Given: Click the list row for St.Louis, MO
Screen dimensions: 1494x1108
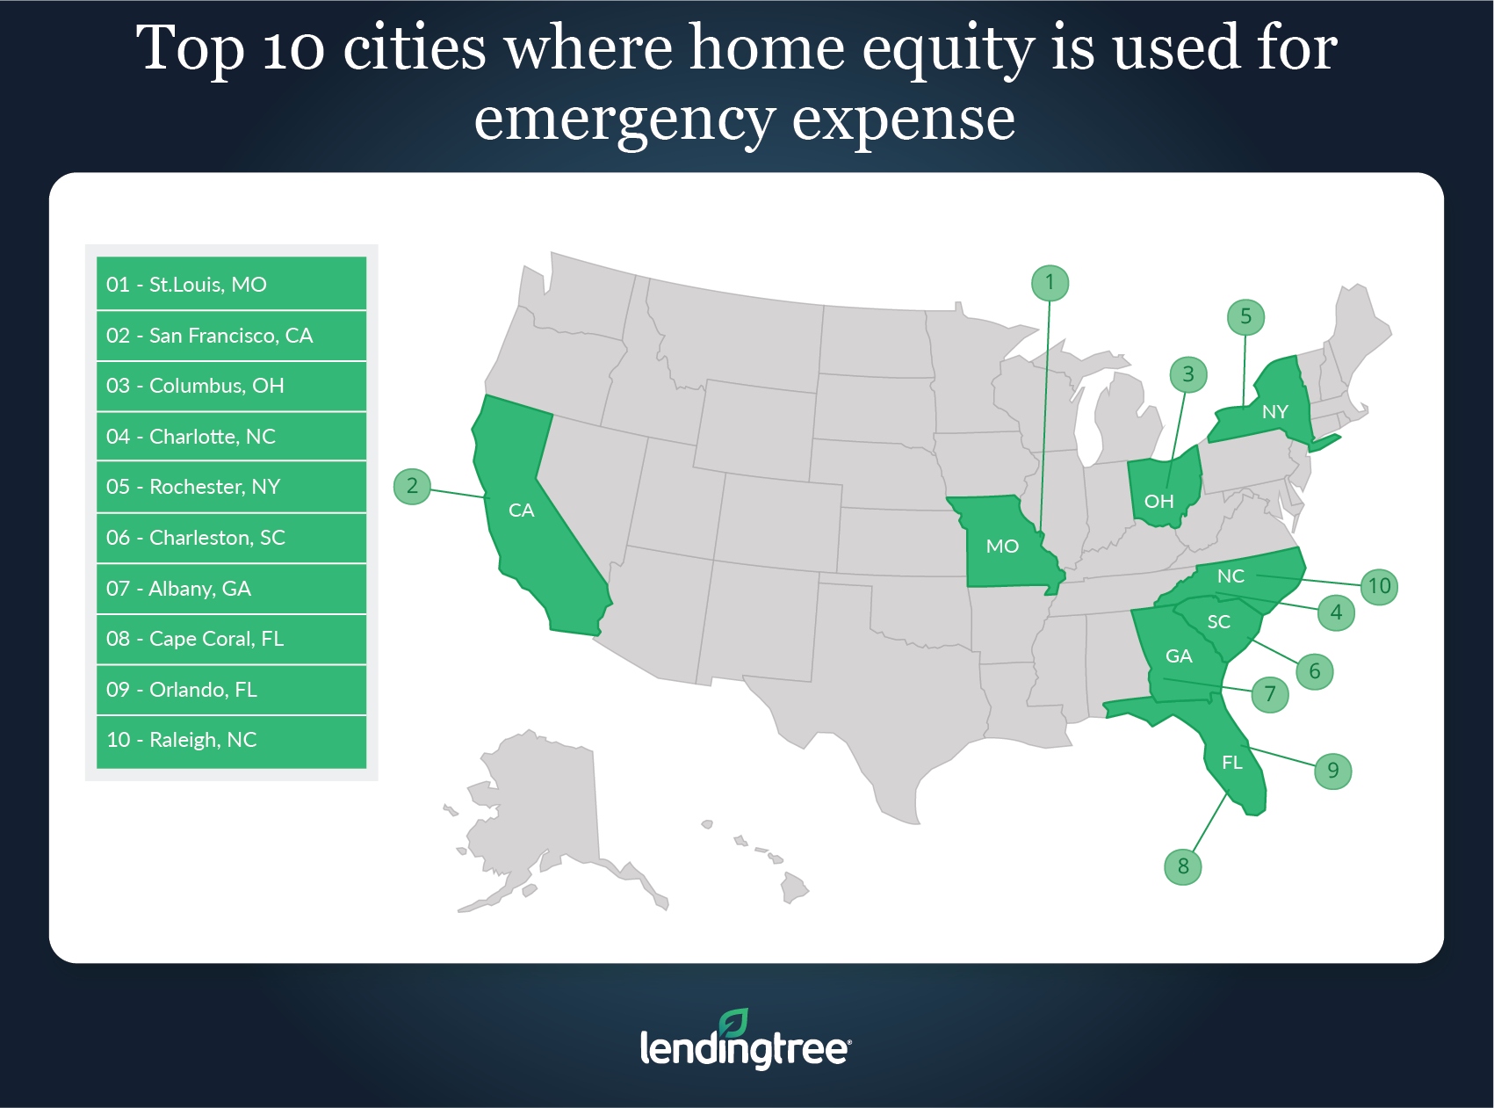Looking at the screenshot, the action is pyautogui.click(x=231, y=283).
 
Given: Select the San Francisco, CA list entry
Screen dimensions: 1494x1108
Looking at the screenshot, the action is pyautogui.click(x=231, y=335).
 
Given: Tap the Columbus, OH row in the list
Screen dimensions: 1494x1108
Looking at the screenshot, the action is pyautogui.click(x=231, y=386).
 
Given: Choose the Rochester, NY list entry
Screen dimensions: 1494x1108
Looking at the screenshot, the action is pyautogui.click(x=231, y=487).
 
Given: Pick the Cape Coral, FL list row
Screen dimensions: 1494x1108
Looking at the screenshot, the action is pyautogui.click(x=231, y=639).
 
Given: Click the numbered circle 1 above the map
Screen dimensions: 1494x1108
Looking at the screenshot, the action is pyautogui.click(x=1050, y=283).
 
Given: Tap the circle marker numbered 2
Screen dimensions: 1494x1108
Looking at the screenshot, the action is pyautogui.click(x=412, y=486).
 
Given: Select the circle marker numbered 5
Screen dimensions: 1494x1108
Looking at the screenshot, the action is pyautogui.click(x=1245, y=316).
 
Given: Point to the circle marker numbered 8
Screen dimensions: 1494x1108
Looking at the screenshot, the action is pyautogui.click(x=1183, y=866).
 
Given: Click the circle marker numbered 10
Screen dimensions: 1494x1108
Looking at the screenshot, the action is pyautogui.click(x=1379, y=586).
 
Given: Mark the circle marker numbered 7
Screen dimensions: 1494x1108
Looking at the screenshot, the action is pyautogui.click(x=1270, y=694).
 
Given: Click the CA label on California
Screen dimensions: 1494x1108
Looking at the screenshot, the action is pyautogui.click(x=522, y=511).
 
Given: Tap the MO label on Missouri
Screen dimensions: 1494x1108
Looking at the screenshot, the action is pyautogui.click(x=1002, y=547).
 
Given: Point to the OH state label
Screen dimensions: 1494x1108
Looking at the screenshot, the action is pyautogui.click(x=1159, y=501).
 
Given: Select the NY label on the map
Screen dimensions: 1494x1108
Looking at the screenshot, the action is pyautogui.click(x=1275, y=411).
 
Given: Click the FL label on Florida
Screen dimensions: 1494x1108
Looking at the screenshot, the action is pyautogui.click(x=1232, y=763).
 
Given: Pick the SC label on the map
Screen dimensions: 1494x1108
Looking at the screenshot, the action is pyautogui.click(x=1219, y=622).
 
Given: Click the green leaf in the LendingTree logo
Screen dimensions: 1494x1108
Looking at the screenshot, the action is pyautogui.click(x=733, y=1023).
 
